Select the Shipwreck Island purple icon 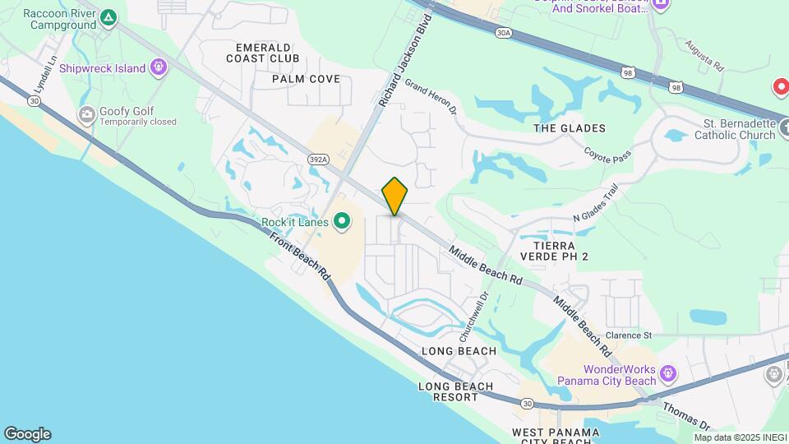(x=159, y=68)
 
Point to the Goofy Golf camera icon (x=86, y=116)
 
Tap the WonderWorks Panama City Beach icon (x=669, y=374)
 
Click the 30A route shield (x=504, y=33)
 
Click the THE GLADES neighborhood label (x=569, y=128)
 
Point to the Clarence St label (x=628, y=335)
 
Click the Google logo (x=27, y=434)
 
